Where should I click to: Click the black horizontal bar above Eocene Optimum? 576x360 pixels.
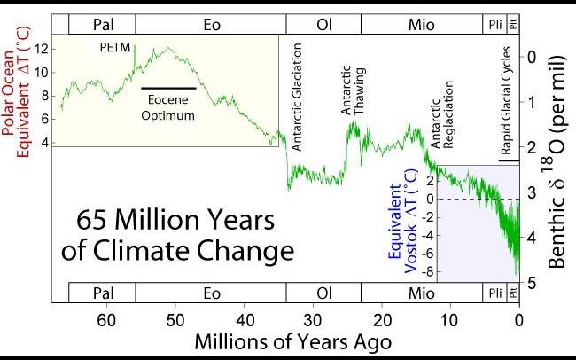click(x=167, y=88)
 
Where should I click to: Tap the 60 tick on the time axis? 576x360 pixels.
click(x=106, y=320)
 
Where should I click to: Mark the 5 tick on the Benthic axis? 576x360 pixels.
click(x=530, y=283)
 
